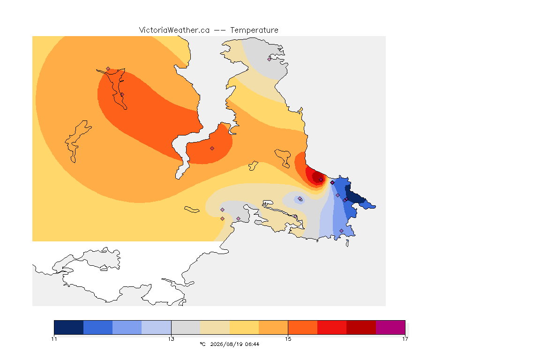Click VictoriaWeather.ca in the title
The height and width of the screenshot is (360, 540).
(x=174, y=30)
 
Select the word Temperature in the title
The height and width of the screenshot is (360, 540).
(x=254, y=30)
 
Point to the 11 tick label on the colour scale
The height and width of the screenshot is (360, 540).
(x=54, y=339)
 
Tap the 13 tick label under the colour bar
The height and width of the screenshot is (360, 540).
(x=171, y=339)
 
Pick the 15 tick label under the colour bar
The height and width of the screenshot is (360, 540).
(x=288, y=339)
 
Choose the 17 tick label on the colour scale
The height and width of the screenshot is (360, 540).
(x=405, y=339)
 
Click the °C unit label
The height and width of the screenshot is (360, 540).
(x=202, y=344)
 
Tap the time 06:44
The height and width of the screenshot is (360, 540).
(x=252, y=344)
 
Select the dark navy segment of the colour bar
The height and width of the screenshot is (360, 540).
(x=69, y=327)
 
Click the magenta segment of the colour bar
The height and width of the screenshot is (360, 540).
(x=390, y=327)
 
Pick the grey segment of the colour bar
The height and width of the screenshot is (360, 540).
(x=186, y=327)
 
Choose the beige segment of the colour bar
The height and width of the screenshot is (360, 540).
(x=215, y=327)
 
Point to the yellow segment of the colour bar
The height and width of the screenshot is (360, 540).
(x=244, y=327)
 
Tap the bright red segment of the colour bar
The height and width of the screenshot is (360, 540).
(x=332, y=327)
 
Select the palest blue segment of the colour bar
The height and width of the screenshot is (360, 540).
(x=157, y=327)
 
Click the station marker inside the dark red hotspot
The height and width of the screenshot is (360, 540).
(x=321, y=180)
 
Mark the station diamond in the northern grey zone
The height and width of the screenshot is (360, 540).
(x=270, y=59)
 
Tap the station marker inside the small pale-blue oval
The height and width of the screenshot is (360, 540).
(x=300, y=198)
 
